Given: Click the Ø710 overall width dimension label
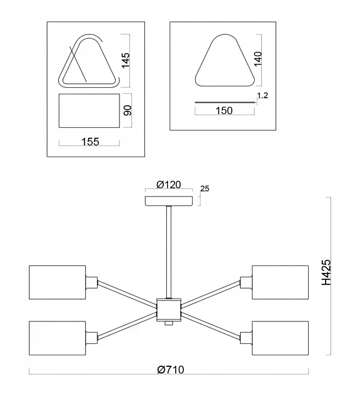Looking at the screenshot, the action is click(x=171, y=370).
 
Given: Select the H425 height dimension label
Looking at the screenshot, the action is click(x=326, y=272).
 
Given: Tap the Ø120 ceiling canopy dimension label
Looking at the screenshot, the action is click(x=169, y=184).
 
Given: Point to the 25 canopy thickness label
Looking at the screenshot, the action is click(x=205, y=188).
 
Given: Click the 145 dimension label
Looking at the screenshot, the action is click(x=126, y=60).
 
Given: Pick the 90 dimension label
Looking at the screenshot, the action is click(x=128, y=110).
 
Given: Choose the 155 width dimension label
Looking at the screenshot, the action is click(x=91, y=142).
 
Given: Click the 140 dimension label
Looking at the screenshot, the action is click(x=258, y=59).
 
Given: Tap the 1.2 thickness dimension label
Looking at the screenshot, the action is click(x=262, y=96).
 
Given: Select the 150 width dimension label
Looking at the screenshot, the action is click(x=224, y=110).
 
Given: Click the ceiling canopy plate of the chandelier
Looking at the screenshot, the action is click(x=169, y=201).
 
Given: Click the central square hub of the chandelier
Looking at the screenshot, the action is click(x=169, y=310).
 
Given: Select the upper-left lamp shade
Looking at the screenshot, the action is click(x=57, y=282).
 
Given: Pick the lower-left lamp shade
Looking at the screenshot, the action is click(x=57, y=338).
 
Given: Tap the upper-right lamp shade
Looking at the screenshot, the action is click(x=280, y=282).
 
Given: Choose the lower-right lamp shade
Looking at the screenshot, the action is click(x=280, y=338).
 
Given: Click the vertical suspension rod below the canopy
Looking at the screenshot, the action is click(x=169, y=252).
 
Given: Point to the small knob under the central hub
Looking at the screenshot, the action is click(x=169, y=323).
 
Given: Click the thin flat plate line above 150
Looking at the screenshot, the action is click(x=225, y=102).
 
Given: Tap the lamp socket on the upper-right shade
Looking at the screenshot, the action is click(x=246, y=283).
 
